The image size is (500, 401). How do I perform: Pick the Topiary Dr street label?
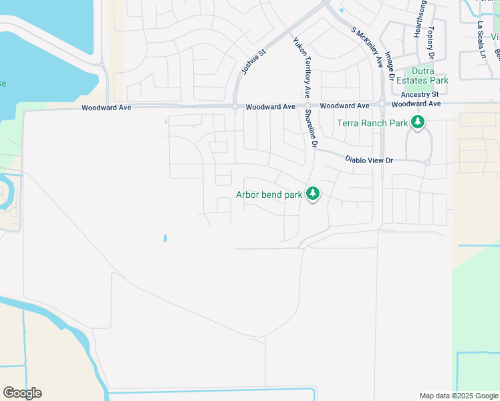tap(430, 42)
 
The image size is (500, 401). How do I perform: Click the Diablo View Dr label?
tap(369, 160)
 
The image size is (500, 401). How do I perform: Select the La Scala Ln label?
tap(481, 40)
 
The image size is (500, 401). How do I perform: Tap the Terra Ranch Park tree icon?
tap(418, 122)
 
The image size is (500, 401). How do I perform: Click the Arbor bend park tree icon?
tap(312, 194)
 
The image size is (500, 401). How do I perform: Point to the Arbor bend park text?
tap(269, 195)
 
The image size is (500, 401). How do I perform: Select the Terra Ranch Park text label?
tap(372, 123)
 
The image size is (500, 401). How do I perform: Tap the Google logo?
tap(22, 393)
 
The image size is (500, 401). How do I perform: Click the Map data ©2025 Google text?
tap(458, 396)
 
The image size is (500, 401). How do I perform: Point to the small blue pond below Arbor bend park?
tap(164, 238)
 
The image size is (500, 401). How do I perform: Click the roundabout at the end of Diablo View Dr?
tap(427, 162)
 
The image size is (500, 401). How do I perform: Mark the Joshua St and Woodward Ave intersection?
tap(235, 106)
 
